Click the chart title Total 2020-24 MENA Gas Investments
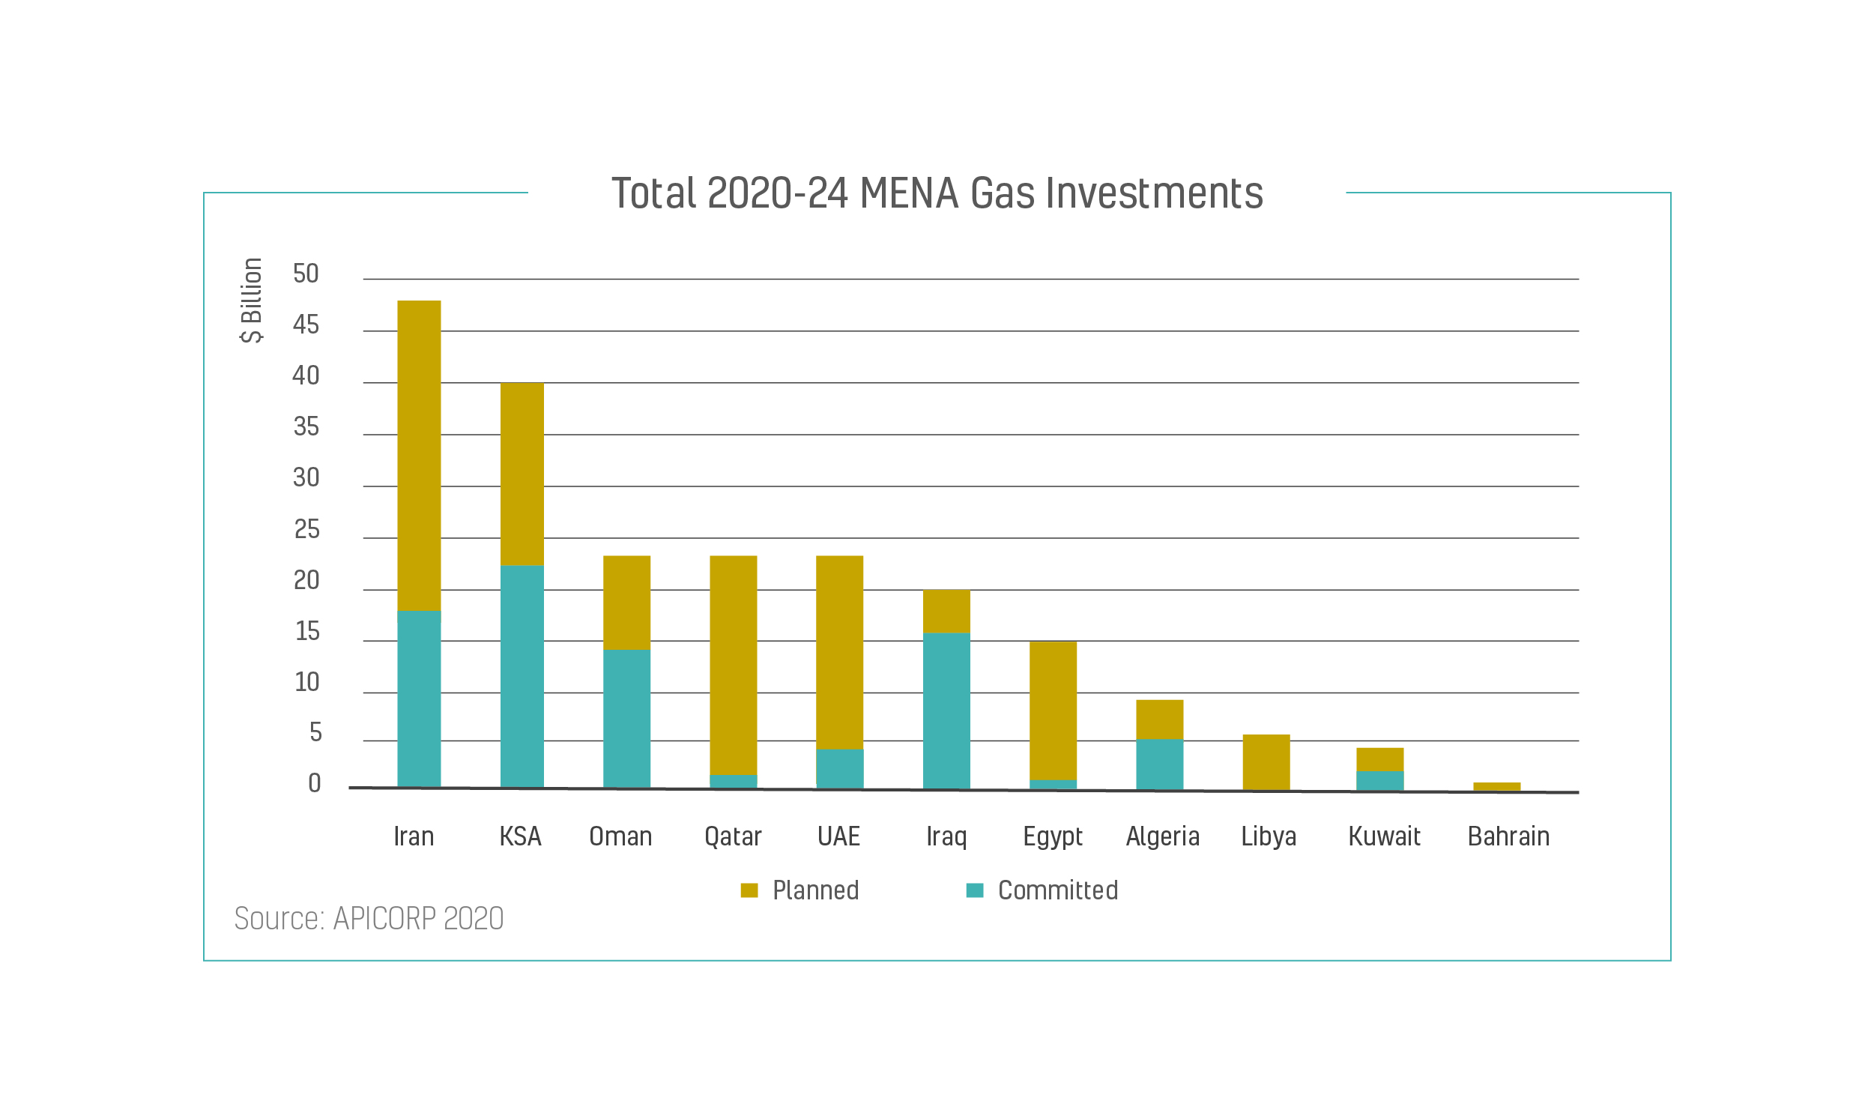(x=937, y=193)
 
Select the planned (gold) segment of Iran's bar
(x=419, y=456)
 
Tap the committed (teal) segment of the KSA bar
(x=522, y=676)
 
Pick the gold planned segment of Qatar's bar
(x=733, y=665)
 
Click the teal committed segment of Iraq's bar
(x=946, y=711)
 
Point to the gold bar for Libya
(x=1266, y=761)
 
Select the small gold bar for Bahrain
(x=1496, y=786)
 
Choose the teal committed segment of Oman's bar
(x=626, y=718)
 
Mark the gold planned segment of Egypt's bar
(x=1053, y=711)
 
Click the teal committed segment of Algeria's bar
(x=1159, y=764)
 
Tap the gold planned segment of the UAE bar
(x=839, y=652)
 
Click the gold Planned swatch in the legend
(x=749, y=890)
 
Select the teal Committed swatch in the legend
(x=974, y=890)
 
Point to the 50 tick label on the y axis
(x=306, y=274)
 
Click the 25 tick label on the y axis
(x=306, y=530)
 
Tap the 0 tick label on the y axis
(x=314, y=783)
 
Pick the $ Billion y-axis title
(x=252, y=301)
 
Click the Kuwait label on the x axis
(x=1384, y=836)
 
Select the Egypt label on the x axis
(x=1053, y=836)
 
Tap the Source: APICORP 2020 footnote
(x=369, y=919)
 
